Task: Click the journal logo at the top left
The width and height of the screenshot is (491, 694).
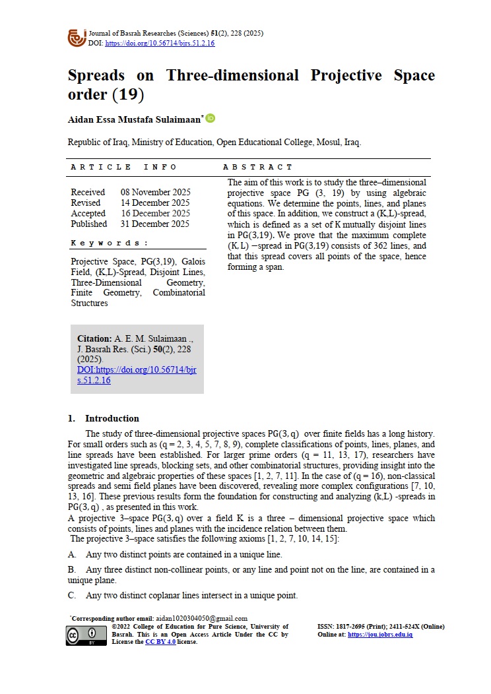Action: coord(77,37)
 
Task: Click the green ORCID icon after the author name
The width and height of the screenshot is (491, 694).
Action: coord(211,119)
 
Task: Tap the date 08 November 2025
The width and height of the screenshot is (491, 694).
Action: coord(155,192)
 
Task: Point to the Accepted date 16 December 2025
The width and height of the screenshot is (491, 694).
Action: coord(155,213)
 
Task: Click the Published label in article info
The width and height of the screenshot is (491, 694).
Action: coord(90,224)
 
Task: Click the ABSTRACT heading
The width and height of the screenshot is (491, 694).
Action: coord(257,167)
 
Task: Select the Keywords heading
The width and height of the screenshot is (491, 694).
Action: coord(110,243)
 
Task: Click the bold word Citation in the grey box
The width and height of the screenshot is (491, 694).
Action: coord(94,338)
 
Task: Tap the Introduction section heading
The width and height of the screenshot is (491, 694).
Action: coord(112,418)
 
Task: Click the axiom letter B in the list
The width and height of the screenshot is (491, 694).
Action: coord(72,569)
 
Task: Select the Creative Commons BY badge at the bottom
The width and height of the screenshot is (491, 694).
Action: coord(86,635)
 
